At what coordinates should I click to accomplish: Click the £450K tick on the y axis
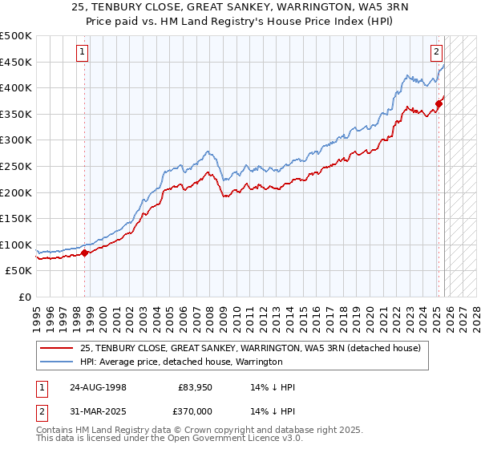[x=16, y=62]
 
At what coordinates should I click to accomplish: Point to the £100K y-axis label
[x=16, y=245]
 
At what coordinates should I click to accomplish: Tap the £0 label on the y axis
[x=24, y=297]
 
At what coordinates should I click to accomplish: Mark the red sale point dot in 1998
[x=85, y=253]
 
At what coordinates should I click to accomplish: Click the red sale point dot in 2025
[x=439, y=103]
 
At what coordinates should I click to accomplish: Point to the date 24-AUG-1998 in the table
[x=98, y=386]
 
